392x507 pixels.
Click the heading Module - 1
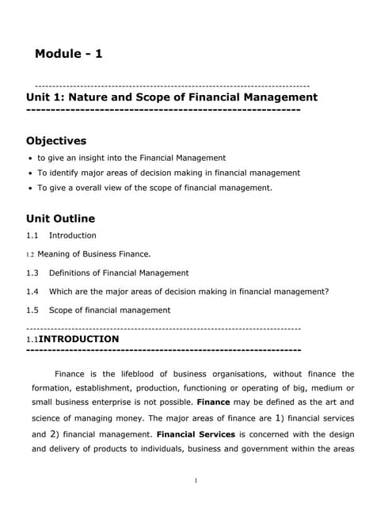(x=69, y=54)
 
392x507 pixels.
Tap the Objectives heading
(x=56, y=141)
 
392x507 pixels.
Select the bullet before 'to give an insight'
(x=30, y=158)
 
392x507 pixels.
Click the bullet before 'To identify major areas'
(x=30, y=173)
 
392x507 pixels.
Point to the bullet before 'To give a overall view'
(x=30, y=189)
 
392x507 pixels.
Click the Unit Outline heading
(x=60, y=218)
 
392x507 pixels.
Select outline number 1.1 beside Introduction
(x=32, y=235)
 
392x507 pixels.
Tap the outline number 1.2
(x=30, y=254)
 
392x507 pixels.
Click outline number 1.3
(x=32, y=273)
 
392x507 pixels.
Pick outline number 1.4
(x=32, y=292)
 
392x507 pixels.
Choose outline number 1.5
(x=32, y=310)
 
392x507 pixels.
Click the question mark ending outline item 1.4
(x=326, y=292)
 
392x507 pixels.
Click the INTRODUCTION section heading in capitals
(x=79, y=339)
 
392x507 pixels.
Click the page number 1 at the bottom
(x=196, y=480)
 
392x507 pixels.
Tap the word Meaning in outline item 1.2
(x=53, y=254)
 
